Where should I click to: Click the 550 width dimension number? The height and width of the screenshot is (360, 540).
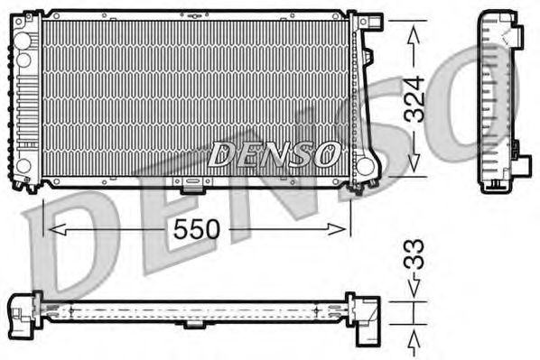(x=198, y=229)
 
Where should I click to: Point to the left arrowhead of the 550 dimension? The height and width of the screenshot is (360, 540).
(x=51, y=229)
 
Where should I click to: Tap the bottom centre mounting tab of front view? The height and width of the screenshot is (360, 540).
(x=191, y=187)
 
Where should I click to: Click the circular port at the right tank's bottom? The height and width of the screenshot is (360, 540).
(x=366, y=166)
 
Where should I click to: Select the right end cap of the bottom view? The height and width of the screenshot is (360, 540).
(x=365, y=318)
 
